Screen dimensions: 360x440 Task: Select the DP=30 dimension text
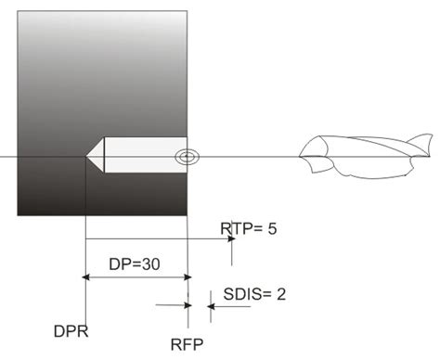click(136, 264)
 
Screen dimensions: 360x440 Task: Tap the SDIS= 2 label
click(254, 294)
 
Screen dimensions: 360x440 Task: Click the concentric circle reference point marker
click(187, 156)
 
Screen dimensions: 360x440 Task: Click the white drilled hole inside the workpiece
click(139, 156)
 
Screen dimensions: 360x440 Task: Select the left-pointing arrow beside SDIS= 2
click(216, 306)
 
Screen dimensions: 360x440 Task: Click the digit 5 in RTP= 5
click(271, 228)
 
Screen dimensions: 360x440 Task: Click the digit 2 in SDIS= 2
click(280, 294)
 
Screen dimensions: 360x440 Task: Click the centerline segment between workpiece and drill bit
click(246, 156)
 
